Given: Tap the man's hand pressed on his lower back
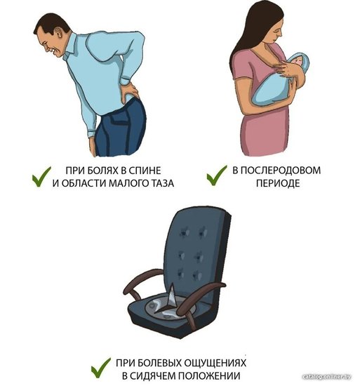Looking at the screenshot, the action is click(x=129, y=91).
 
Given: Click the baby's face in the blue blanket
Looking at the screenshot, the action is click(x=298, y=61).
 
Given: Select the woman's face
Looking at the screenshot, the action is click(x=276, y=30).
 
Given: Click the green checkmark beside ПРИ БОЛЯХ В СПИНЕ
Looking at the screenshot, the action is click(x=41, y=176).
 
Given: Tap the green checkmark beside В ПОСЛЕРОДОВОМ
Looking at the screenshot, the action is click(x=217, y=175).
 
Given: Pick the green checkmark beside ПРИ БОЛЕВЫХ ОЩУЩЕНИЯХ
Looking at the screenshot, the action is click(x=101, y=368).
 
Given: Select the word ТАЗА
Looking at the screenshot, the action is click(x=161, y=183).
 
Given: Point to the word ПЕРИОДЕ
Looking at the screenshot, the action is click(x=278, y=183).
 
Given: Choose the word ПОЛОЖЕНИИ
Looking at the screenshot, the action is click(x=209, y=376).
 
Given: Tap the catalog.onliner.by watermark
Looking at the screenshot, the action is click(x=326, y=377).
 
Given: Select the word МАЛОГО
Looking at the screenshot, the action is click(x=127, y=183).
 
